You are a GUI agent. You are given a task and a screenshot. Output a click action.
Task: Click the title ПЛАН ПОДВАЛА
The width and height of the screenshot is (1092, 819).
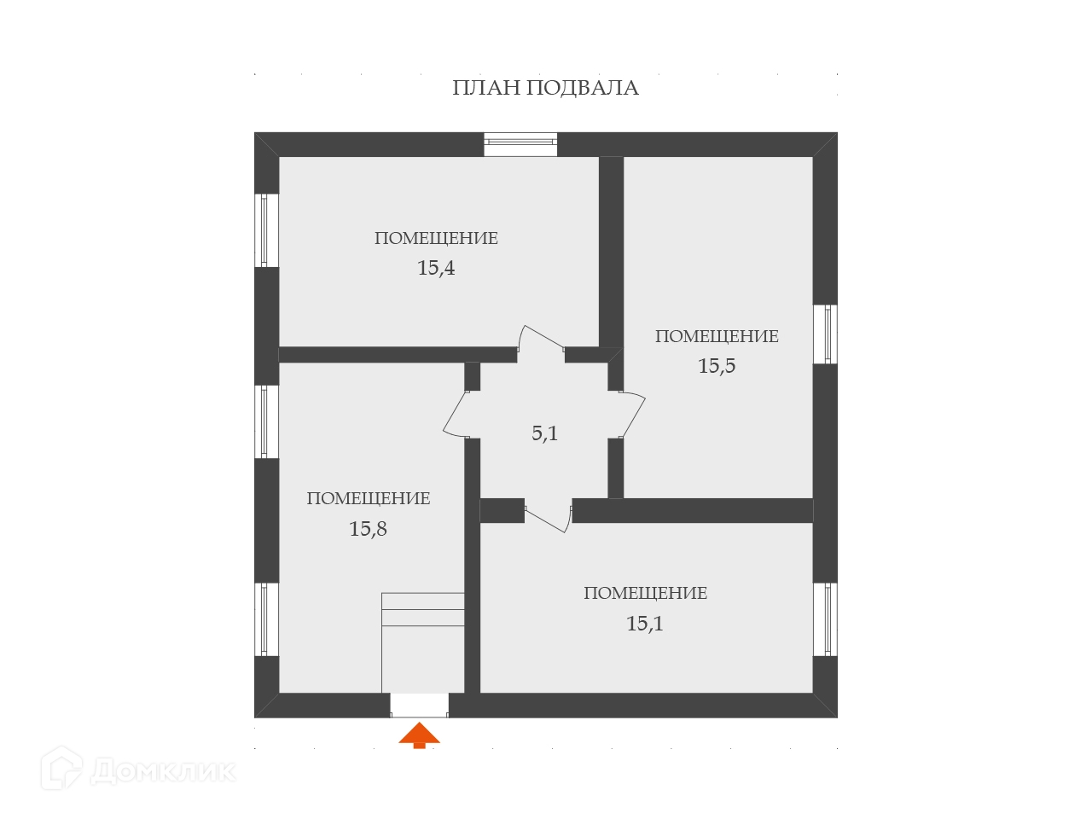coord(545,88)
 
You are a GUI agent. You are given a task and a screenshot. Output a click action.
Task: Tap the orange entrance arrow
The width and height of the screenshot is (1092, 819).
coord(419,735)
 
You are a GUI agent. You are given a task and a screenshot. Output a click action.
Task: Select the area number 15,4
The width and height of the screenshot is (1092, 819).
coord(436,268)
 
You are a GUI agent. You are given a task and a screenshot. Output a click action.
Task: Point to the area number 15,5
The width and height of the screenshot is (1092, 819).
coord(717,366)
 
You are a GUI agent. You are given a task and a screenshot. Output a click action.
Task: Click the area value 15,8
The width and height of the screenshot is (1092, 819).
coord(368,529)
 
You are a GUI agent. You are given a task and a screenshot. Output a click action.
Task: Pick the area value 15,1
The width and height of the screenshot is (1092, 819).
coord(645,624)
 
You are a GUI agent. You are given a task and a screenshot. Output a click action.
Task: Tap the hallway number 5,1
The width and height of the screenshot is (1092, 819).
coord(545,433)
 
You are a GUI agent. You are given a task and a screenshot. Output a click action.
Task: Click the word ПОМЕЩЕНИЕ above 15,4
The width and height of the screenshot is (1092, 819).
coord(436,239)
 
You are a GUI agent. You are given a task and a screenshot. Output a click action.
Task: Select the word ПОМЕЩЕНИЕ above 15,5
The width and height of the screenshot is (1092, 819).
coord(717,337)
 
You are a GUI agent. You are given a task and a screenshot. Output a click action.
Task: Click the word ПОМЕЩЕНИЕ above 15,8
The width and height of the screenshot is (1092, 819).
coord(368,499)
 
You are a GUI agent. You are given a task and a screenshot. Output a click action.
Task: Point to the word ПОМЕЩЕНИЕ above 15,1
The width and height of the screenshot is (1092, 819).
coord(645,594)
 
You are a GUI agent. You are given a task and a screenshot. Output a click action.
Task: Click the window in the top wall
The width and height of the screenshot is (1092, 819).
coord(520,144)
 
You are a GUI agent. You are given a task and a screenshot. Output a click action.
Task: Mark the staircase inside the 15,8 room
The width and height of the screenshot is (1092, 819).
coord(422,640)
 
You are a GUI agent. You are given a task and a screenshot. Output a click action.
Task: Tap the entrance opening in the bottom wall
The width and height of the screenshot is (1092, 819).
coord(419,705)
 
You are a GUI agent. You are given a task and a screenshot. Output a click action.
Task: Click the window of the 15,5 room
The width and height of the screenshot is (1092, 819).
coord(825,334)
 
